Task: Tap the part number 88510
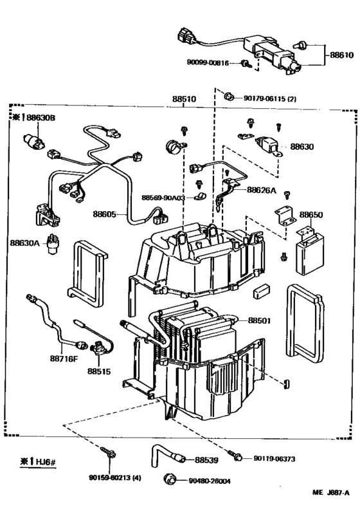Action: pos(185,100)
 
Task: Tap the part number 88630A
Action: pos(24,243)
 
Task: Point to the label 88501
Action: pos(261,320)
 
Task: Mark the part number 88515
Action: pos(99,371)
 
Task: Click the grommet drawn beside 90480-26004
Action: pos(172,478)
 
